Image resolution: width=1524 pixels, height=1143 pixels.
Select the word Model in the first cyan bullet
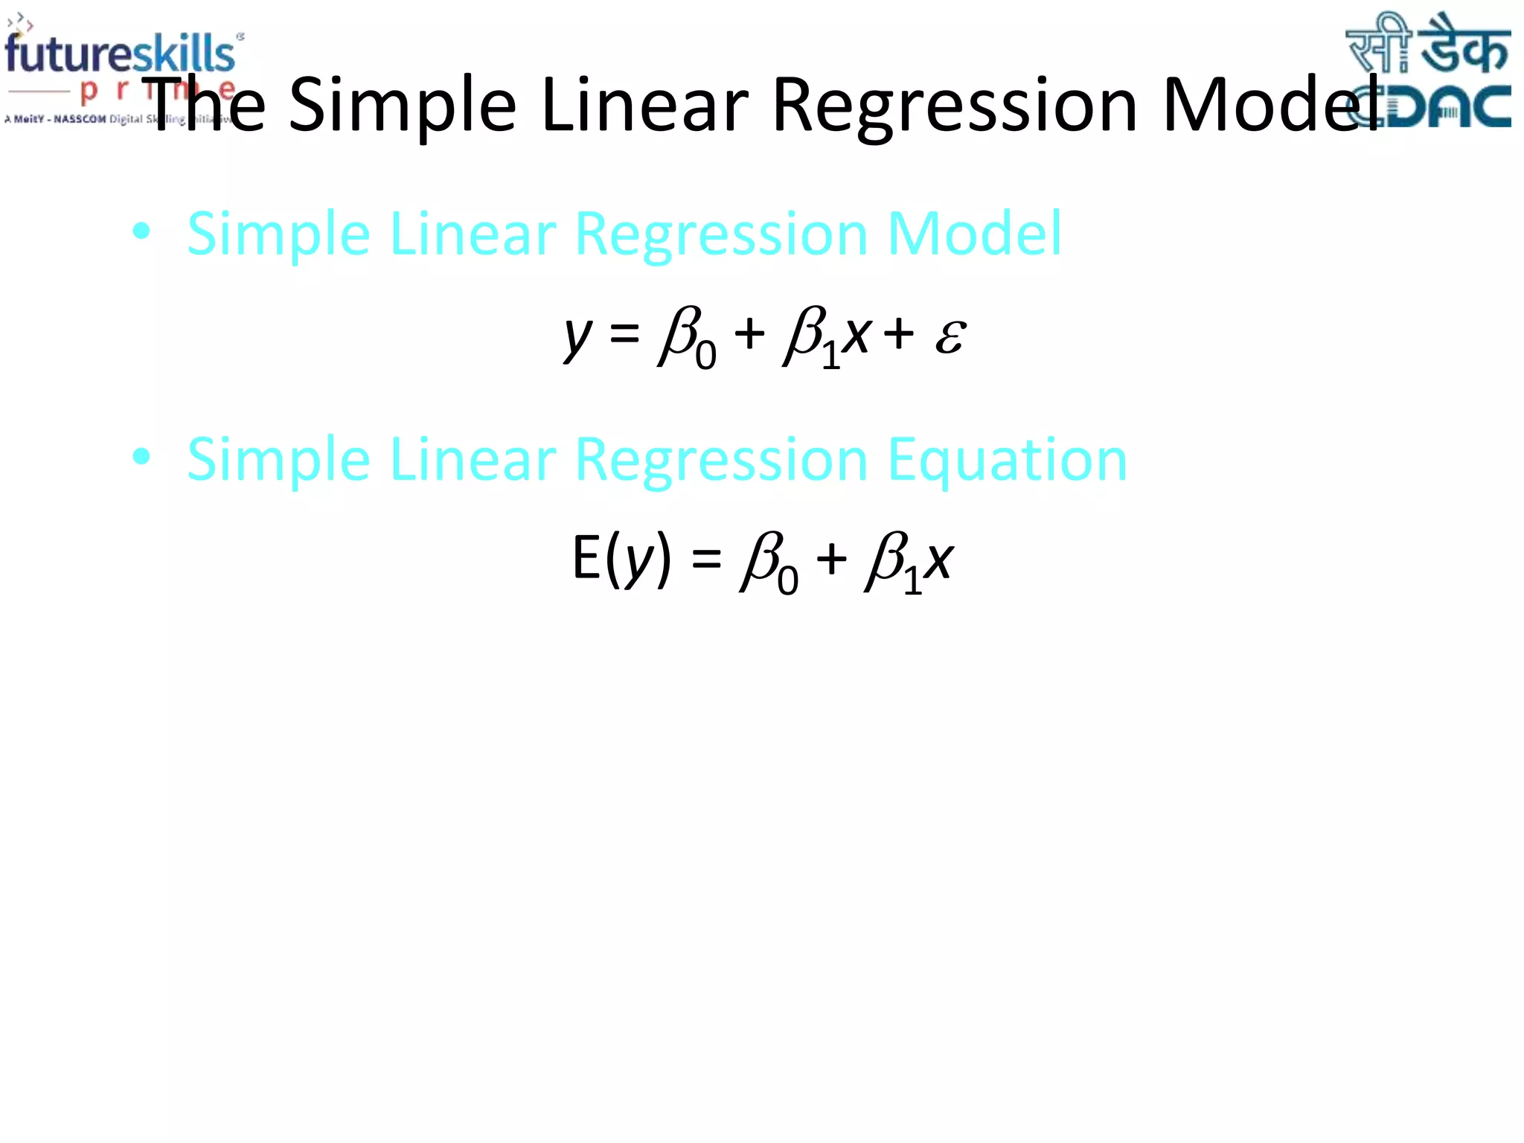974,234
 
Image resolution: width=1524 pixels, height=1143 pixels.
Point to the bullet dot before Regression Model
141,232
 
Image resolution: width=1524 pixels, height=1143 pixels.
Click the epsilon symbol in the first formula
950,336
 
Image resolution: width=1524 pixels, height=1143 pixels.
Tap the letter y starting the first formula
578,336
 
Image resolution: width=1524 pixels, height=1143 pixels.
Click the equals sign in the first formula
624,334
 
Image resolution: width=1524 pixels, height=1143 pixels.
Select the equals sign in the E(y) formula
706,559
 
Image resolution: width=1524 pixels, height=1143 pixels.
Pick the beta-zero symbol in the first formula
686,339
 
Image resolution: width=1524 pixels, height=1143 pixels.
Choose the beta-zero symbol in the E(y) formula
768,563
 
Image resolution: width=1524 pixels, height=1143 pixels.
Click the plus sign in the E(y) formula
831,559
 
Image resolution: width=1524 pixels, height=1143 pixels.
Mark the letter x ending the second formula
939,560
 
